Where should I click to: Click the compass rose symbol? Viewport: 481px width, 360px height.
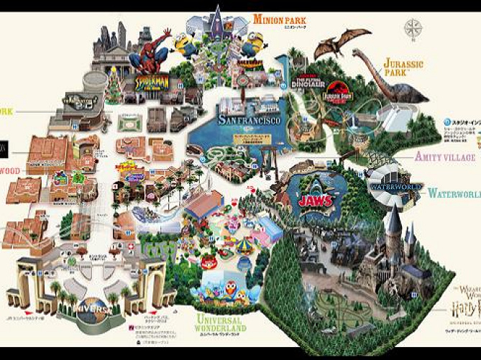point(413,29)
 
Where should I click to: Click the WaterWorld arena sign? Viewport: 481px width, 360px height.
point(394,186)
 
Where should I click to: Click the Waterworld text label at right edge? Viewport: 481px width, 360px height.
point(454,194)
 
